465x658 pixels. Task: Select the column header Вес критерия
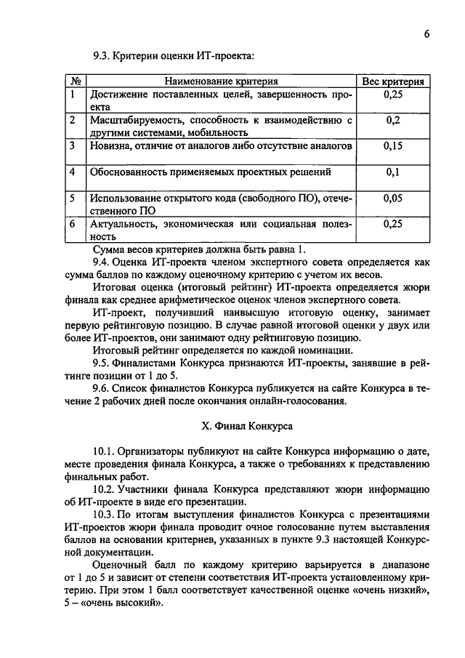(393, 81)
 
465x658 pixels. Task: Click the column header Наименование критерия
(222, 81)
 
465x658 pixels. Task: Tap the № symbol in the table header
(76, 81)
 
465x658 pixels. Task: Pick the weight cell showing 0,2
(393, 120)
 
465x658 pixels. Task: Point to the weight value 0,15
(393, 146)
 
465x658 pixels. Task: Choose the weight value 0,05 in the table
(393, 198)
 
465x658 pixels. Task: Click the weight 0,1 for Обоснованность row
(393, 172)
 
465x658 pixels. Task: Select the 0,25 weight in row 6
(393, 224)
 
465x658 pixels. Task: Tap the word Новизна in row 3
(110, 146)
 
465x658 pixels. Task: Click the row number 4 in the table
(73, 172)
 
